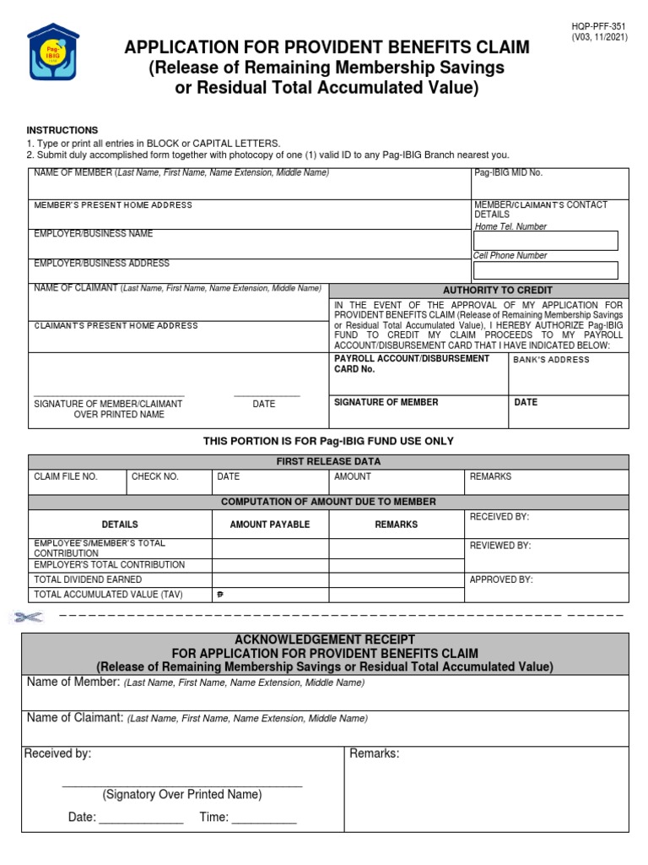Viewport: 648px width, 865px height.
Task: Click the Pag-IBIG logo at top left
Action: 55,61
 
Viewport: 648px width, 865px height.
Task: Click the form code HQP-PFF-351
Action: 599,27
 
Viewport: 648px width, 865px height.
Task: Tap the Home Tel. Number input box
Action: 545,241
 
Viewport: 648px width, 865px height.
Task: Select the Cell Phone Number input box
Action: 545,270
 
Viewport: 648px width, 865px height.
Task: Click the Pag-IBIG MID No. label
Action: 508,173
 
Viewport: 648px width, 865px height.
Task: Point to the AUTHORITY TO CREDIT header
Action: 478,290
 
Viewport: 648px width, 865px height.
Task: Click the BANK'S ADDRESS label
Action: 552,360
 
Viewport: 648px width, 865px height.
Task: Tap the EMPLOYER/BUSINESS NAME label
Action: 94,234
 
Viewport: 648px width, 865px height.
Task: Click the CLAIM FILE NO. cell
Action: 66,477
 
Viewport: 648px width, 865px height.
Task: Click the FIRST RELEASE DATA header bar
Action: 328,461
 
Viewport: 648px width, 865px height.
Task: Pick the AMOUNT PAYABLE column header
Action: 270,525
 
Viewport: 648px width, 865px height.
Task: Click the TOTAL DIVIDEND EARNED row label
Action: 88,580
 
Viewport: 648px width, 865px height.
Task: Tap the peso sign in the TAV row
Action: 221,595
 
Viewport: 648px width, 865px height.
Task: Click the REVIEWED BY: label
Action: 500,546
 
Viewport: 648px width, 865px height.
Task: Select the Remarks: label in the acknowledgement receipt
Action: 374,753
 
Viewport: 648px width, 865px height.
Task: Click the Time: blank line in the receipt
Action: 263,819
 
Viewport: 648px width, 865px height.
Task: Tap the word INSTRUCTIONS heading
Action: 62,130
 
